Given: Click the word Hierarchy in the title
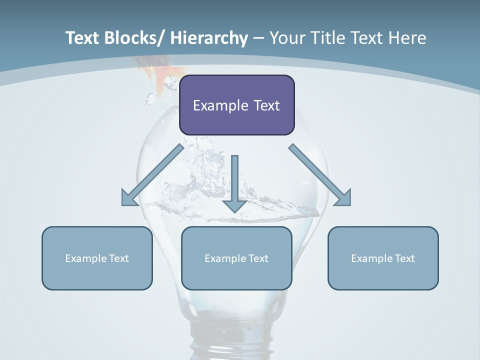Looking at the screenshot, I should [209, 38].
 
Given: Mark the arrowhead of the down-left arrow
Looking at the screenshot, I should [129, 199].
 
